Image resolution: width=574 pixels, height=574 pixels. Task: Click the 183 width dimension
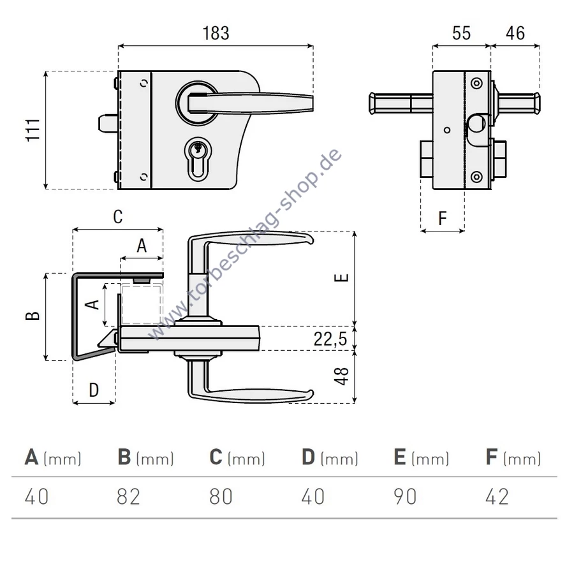click(216, 33)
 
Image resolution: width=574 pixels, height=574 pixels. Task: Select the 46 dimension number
click(515, 33)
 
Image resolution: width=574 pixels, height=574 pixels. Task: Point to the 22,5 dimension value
click(330, 338)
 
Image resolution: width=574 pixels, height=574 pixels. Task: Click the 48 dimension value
click(342, 376)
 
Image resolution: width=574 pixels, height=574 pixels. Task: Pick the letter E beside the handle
click(342, 277)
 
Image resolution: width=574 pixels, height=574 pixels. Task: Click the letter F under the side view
click(443, 219)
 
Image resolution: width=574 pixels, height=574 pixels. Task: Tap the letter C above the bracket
click(118, 217)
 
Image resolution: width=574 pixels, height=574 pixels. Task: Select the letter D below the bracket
click(94, 389)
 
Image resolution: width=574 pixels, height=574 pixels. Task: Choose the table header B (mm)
click(145, 457)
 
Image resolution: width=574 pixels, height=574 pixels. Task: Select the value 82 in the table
click(128, 496)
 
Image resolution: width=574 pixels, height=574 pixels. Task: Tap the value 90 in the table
click(404, 496)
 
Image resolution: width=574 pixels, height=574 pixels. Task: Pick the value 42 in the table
click(497, 496)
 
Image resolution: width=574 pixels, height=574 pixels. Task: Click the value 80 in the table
click(221, 496)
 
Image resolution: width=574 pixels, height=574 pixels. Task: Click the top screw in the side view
click(476, 83)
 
